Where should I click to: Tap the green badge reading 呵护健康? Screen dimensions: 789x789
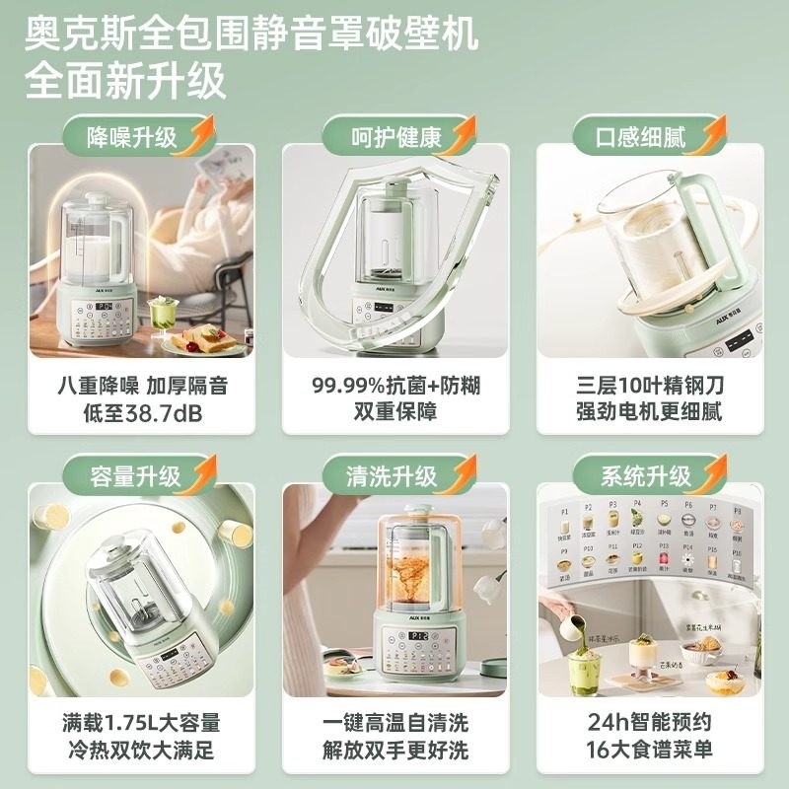[394, 136]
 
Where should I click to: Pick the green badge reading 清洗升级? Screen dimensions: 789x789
[394, 476]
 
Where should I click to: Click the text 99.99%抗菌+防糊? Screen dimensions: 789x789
[394, 384]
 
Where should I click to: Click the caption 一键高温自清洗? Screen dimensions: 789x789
[394, 723]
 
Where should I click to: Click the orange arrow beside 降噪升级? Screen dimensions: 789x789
[201, 130]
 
